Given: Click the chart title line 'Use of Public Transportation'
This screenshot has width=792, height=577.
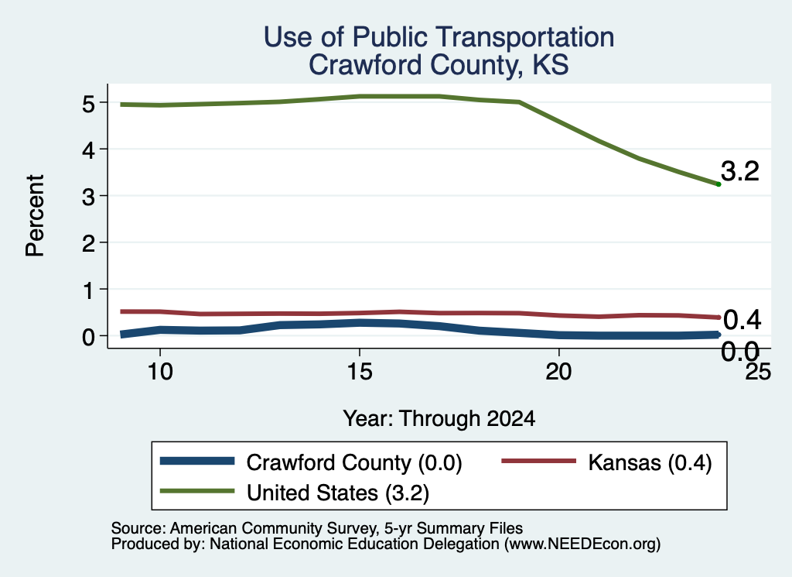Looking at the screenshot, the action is click(x=439, y=37).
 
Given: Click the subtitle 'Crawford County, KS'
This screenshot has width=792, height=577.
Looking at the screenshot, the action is click(x=439, y=65).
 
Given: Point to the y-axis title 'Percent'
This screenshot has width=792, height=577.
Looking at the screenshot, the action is click(x=36, y=216).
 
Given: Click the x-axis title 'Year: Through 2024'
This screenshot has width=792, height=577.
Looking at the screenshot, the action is click(x=439, y=419).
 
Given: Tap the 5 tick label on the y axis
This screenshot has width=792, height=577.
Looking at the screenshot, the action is click(x=88, y=104).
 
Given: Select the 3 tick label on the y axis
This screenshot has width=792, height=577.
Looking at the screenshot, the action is click(x=88, y=197).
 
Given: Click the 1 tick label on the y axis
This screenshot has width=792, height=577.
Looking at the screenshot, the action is click(x=89, y=290).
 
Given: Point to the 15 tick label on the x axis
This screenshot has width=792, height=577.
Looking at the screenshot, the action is click(x=360, y=373).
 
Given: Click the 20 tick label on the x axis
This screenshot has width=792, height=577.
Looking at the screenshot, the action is click(x=558, y=373).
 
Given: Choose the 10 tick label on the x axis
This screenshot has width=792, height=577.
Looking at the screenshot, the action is click(x=160, y=373).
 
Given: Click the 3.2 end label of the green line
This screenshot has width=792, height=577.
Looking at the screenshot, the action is click(x=740, y=171).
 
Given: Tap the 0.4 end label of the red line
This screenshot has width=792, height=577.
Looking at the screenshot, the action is click(x=742, y=320).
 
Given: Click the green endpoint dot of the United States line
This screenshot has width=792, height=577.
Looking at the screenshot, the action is click(x=719, y=184).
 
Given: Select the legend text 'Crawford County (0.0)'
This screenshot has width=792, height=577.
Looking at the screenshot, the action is click(x=354, y=462).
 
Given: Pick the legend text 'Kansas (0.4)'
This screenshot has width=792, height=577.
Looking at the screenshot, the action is click(x=650, y=462).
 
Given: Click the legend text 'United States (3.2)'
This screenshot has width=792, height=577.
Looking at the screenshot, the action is click(x=338, y=493).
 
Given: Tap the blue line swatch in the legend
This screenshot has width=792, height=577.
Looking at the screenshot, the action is click(x=197, y=461).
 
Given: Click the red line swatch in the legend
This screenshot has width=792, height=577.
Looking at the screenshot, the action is click(x=539, y=461).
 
